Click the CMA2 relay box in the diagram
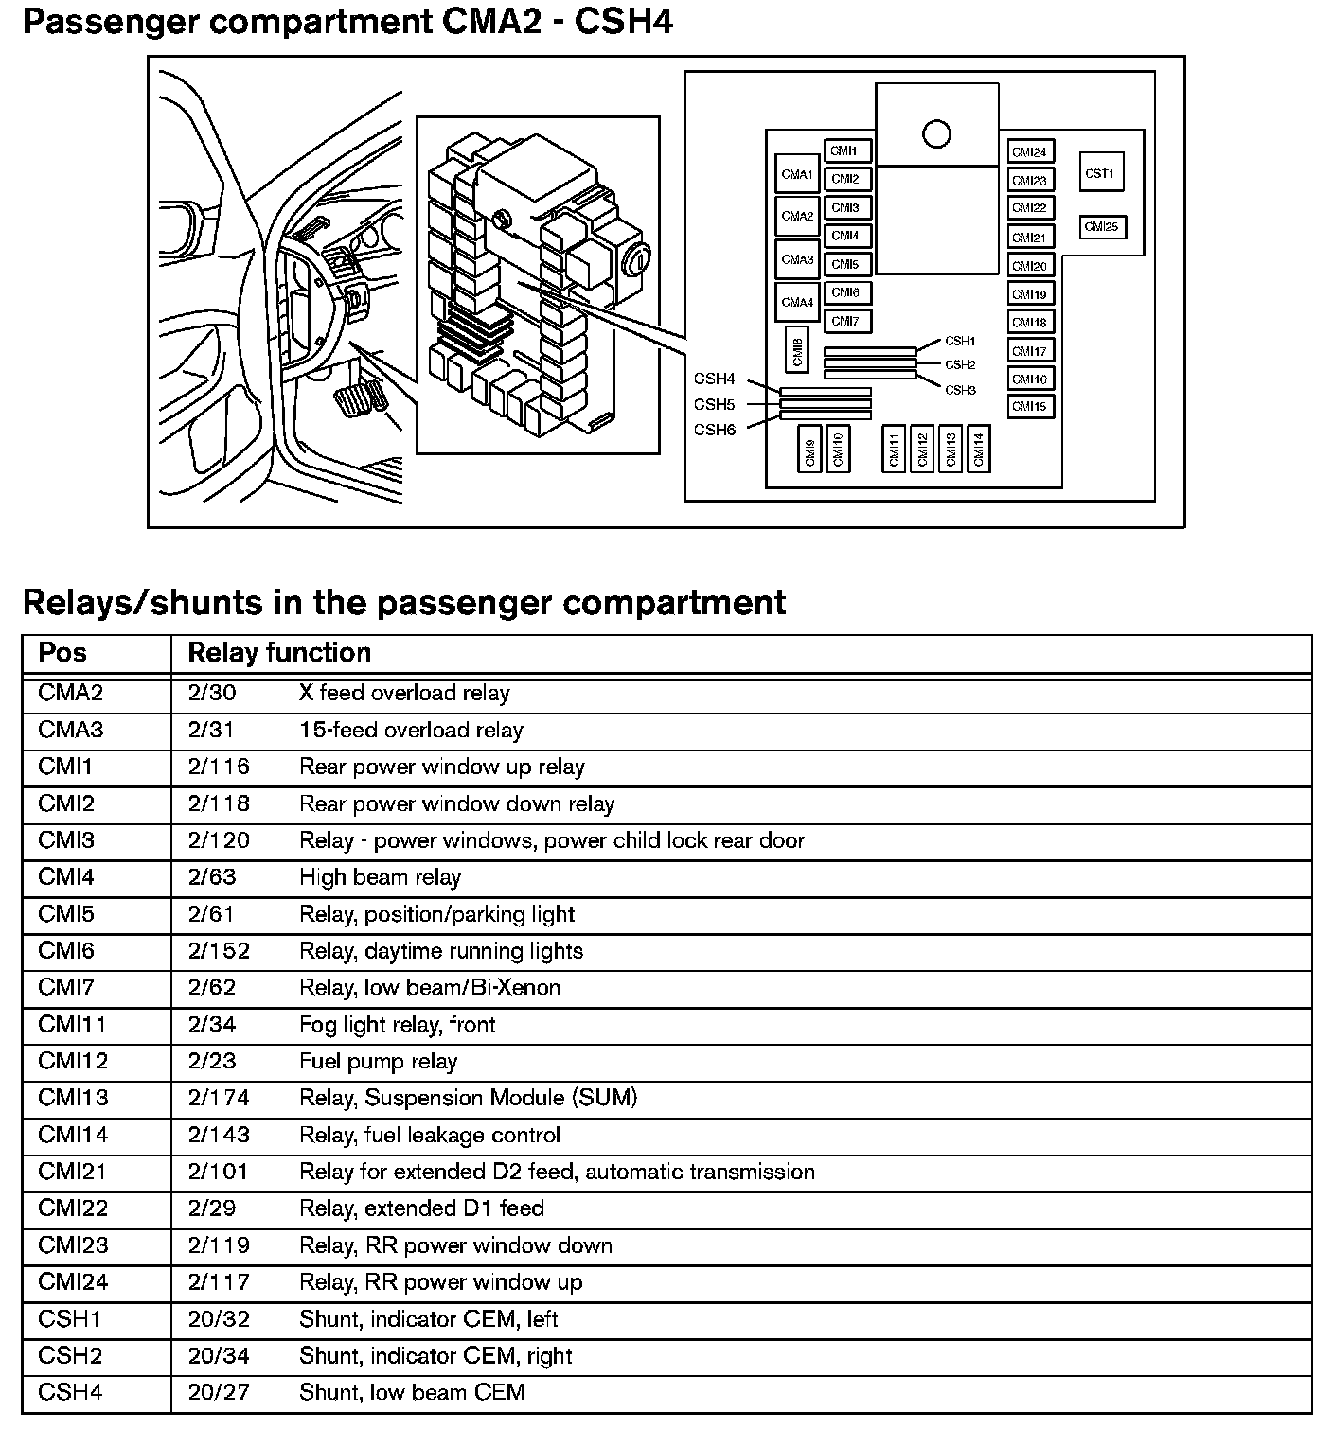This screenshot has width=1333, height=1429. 797,216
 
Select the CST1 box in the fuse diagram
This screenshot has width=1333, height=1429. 1100,173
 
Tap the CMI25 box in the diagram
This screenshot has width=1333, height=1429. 1102,227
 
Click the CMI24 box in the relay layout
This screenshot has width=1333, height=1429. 1030,152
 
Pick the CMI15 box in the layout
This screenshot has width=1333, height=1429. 1030,407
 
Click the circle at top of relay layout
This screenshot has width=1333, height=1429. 936,134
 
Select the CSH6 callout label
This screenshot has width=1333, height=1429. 715,430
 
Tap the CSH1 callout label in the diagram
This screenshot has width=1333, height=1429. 960,341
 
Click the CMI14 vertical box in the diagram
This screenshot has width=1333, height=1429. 978,449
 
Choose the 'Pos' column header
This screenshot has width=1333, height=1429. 62,653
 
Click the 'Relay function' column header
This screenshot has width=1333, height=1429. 279,653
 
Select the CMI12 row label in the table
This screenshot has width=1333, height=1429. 73,1061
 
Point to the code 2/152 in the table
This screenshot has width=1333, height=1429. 219,951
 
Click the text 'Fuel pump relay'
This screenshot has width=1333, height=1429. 378,1061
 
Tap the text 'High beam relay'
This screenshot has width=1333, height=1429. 380,877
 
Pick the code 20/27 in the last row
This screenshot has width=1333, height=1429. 218,1392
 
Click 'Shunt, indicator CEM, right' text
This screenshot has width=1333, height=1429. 435,1355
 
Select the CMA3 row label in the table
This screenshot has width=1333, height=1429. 70,730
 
